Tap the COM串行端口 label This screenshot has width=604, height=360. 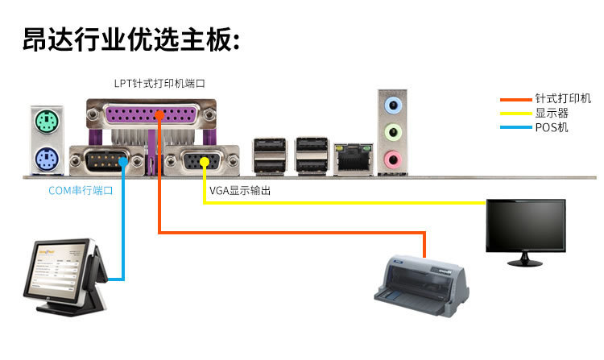[81, 191]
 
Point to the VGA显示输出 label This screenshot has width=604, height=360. [240, 191]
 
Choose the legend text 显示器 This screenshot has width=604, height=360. [552, 114]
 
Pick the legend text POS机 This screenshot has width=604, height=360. [551, 127]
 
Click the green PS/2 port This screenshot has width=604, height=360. [47, 122]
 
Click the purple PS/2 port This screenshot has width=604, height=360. [47, 158]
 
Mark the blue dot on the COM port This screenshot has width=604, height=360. [123, 162]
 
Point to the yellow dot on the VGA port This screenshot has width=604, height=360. [205, 162]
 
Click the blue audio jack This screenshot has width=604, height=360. [392, 104]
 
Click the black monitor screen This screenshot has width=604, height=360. [524, 224]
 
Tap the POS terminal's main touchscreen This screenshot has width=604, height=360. [60, 269]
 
